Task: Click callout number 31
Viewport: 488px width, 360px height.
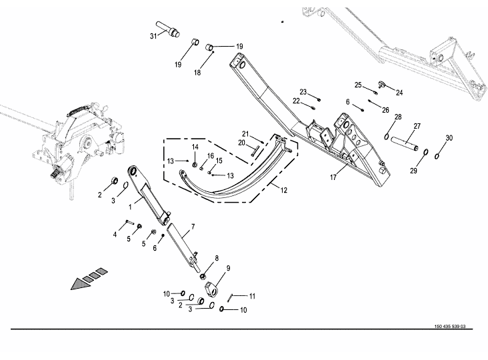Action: pos(153,35)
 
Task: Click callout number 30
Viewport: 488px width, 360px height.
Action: pos(449,138)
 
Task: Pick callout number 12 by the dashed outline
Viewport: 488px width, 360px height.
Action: pos(284,191)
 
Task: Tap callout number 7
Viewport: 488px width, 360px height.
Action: pos(192,228)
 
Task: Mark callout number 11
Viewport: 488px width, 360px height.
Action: pos(251,295)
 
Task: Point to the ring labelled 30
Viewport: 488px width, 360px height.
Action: pos(437,157)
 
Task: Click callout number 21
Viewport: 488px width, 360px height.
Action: pos(245,133)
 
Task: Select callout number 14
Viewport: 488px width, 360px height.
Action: pos(195,147)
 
